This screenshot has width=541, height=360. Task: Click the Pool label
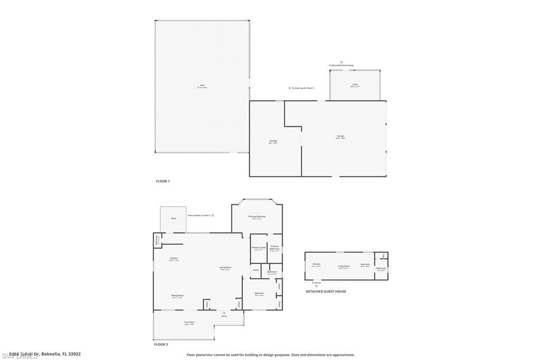202,86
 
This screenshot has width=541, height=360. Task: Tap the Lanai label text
355,84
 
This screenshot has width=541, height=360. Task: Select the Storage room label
273,141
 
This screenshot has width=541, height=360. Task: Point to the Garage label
340,136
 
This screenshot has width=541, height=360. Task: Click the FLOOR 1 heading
163,181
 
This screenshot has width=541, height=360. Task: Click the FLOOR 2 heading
161,344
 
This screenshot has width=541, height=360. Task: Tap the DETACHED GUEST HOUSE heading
326,291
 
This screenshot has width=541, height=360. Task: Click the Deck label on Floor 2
173,218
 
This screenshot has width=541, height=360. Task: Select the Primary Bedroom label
257,216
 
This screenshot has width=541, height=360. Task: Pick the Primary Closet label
258,248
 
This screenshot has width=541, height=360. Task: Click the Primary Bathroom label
275,248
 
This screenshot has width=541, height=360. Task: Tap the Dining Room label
177,295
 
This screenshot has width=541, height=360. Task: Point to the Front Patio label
190,323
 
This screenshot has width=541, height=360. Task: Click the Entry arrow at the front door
224,312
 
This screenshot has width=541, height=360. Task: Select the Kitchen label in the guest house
316,264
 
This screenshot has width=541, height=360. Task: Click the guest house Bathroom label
381,268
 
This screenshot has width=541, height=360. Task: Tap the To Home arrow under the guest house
316,286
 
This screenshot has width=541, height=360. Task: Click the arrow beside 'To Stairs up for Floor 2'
289,88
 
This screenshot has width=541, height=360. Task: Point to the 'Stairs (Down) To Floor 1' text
199,215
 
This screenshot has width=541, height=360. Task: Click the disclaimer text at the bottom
270,355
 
